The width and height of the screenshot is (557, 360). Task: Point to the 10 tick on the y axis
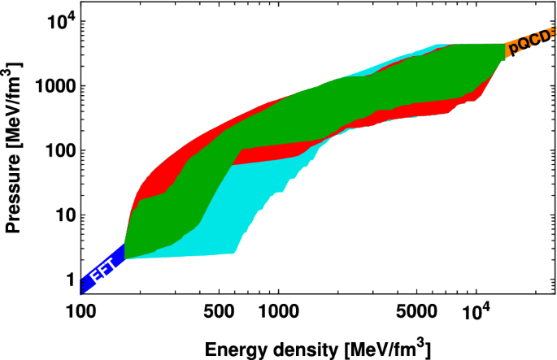click(60, 215)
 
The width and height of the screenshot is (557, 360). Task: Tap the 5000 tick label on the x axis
click(416, 312)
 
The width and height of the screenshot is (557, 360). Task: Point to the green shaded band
click(325, 106)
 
